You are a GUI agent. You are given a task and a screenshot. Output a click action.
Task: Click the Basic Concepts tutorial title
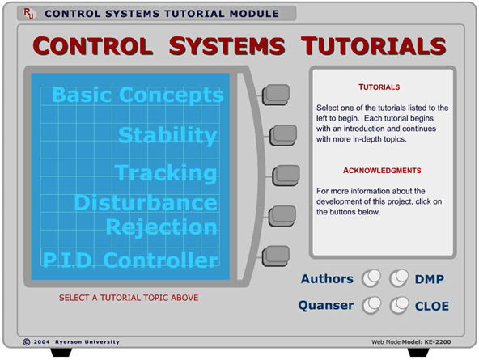pos(137,95)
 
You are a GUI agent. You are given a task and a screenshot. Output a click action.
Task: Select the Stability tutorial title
pos(167,135)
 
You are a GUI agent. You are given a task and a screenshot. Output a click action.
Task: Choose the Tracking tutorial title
pos(166,173)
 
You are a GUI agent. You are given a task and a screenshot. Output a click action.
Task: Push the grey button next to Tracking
pos(285,175)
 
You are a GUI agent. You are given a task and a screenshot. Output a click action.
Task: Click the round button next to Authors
pos(371,279)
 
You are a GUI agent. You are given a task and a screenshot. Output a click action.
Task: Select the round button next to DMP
pos(398,279)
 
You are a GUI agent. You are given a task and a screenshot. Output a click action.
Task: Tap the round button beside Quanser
pos(371,305)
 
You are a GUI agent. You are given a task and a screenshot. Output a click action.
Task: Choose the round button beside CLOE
pos(398,305)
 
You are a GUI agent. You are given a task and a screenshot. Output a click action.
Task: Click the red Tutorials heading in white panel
pos(379,87)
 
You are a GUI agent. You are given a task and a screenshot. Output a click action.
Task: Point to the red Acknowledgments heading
pos(382,171)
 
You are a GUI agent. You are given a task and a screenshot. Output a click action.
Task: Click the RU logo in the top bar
pos(29,14)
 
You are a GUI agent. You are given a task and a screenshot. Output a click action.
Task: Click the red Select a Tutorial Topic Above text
pos(129,298)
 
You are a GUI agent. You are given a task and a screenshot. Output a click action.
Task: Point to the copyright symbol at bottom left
pos(27,342)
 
